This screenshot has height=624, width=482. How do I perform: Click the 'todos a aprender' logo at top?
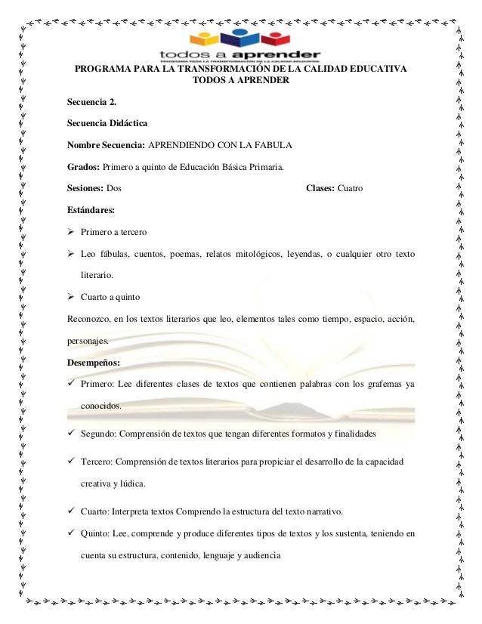click(240, 47)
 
